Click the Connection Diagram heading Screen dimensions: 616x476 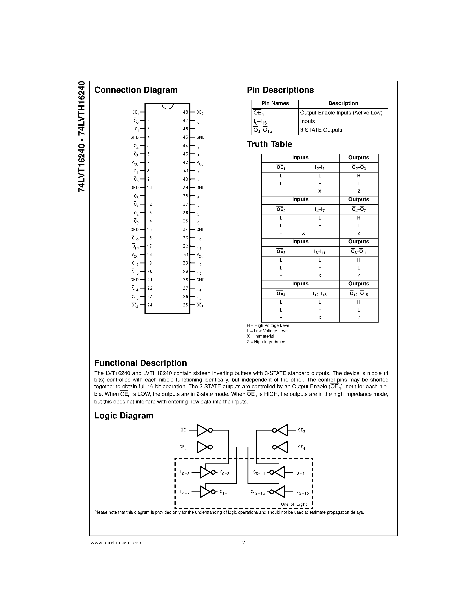tap(136, 90)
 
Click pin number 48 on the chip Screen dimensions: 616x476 tap(185, 112)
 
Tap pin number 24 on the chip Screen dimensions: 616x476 tap(150, 305)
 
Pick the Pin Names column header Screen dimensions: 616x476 tap(275, 103)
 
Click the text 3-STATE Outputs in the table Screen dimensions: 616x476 tap(321, 130)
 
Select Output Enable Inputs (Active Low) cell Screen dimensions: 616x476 tap(341, 113)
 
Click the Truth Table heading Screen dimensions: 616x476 tap(269, 144)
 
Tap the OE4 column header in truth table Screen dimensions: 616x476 tap(281, 294)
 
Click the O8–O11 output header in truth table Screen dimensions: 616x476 tap(358, 252)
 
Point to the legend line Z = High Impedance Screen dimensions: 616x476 tap(266, 342)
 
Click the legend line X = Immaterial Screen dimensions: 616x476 tap(260, 336)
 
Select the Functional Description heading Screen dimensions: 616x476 tap(140, 363)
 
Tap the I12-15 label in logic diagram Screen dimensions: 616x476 tap(302, 493)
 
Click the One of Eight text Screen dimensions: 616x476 tap(294, 504)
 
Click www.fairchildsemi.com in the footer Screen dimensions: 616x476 tap(116, 543)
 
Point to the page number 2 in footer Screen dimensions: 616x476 tap(244, 543)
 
